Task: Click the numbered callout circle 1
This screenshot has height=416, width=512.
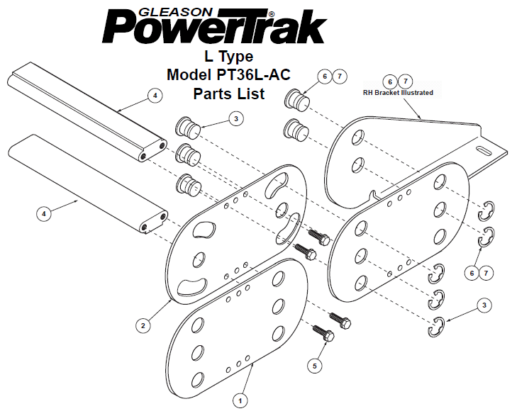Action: click(240, 400)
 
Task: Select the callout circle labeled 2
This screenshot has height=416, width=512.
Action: click(143, 325)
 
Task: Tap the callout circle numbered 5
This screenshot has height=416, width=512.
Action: click(315, 366)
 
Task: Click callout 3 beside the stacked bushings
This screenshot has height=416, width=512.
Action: click(236, 119)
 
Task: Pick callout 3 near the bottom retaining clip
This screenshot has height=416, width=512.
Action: click(484, 305)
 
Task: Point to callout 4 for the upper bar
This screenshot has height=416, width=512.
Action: click(155, 96)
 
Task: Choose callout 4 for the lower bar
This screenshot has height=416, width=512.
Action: click(44, 214)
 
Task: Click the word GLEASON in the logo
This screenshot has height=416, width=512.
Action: click(175, 12)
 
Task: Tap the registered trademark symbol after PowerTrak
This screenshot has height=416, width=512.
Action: click(271, 14)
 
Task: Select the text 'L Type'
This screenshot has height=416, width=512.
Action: click(228, 57)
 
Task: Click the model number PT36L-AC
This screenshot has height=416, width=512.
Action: click(253, 74)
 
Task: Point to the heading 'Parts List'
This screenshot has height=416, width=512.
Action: click(229, 94)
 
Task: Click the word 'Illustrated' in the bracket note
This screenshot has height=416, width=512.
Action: click(417, 93)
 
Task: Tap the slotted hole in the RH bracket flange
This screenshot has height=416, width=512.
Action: click(486, 150)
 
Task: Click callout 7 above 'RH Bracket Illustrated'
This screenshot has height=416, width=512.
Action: click(405, 81)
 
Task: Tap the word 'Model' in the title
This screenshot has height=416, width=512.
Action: click(189, 74)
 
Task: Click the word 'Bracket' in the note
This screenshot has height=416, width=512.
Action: click(387, 93)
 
